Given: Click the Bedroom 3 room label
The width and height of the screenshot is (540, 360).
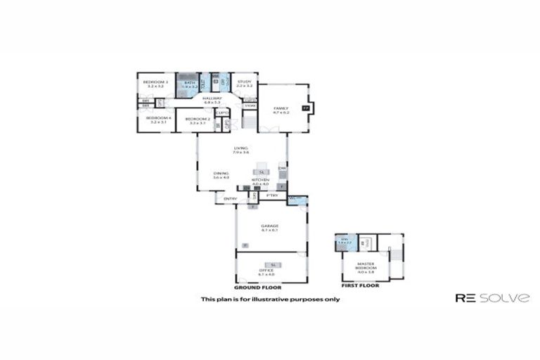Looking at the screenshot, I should [x=155, y=84].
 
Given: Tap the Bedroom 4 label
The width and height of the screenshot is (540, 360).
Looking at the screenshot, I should [x=155, y=120].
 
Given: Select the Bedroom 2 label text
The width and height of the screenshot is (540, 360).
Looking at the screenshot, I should [x=195, y=120].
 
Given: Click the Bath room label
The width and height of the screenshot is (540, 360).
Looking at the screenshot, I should [x=188, y=84].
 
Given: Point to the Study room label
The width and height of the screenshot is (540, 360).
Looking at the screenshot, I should [x=244, y=84].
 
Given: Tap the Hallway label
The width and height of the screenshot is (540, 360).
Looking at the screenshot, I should [x=212, y=100].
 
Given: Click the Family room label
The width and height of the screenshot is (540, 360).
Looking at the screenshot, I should [x=281, y=110].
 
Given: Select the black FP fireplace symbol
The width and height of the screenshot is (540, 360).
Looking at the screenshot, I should [x=304, y=108].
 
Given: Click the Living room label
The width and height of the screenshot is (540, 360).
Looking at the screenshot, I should [x=241, y=150].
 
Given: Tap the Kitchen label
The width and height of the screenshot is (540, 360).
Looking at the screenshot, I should [x=260, y=182].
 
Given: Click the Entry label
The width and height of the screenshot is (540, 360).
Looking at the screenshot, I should [x=229, y=200].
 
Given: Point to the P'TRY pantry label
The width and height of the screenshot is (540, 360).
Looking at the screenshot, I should [x=272, y=195].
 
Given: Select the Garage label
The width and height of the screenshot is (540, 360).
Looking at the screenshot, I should [x=270, y=227].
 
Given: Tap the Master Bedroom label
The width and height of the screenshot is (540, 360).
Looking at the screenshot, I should [x=365, y=267].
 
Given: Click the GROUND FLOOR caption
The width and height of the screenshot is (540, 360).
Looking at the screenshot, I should [x=257, y=287].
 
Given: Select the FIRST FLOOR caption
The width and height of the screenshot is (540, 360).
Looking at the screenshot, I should [x=360, y=285].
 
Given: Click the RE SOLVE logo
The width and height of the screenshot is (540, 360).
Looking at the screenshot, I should [x=492, y=298].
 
